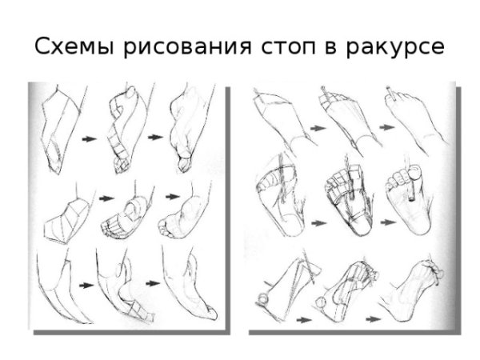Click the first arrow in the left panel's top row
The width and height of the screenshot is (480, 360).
click(x=90, y=138)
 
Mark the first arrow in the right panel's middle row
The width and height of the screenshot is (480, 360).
click(x=318, y=223)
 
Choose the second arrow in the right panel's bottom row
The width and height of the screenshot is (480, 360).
click(x=374, y=319)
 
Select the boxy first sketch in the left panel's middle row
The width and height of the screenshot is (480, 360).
click(x=66, y=220)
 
